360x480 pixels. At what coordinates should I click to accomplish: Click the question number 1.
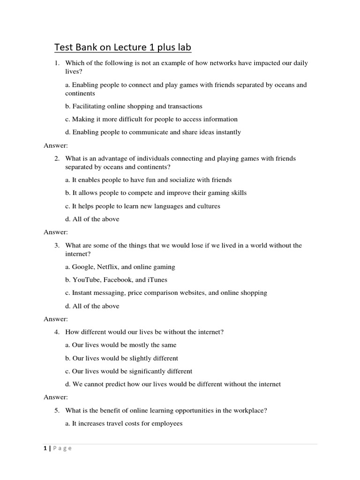tap(56, 63)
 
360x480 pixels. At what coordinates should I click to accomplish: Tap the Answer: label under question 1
tap(56, 145)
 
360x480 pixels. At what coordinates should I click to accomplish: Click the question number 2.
tap(56, 158)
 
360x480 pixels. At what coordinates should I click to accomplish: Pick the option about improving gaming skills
tap(156, 193)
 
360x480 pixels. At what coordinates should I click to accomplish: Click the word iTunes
tap(157, 280)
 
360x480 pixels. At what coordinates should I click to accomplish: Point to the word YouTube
tap(85, 280)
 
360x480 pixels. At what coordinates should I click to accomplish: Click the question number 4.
tap(56, 332)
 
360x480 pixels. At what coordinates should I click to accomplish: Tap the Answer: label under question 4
tap(56, 397)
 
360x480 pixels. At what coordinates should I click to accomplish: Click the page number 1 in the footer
tap(45, 448)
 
